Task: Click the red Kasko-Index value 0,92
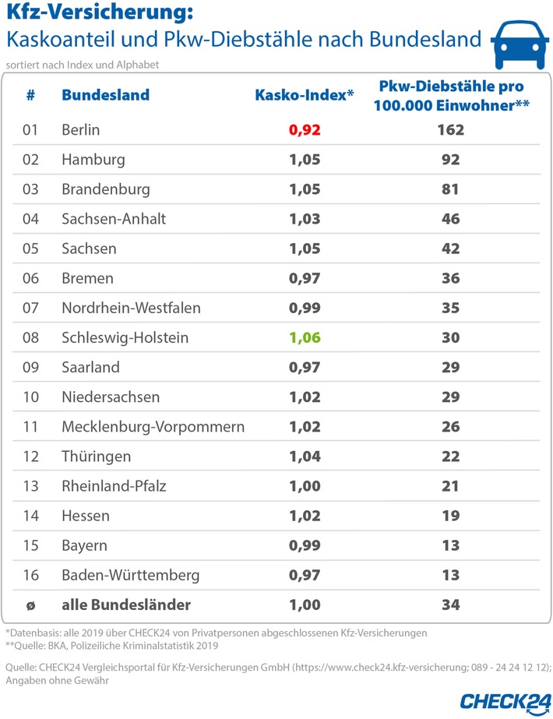(x=305, y=130)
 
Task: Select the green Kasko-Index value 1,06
(x=305, y=337)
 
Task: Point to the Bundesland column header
(x=105, y=96)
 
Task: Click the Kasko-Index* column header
(x=305, y=96)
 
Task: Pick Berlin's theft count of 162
(x=449, y=130)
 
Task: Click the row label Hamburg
(x=93, y=160)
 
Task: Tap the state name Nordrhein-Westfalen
(x=131, y=308)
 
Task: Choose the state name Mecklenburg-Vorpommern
(x=153, y=426)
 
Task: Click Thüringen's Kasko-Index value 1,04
(x=305, y=456)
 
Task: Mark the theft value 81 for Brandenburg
(x=449, y=189)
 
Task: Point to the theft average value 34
(x=449, y=604)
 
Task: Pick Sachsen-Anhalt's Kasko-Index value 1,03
(x=305, y=219)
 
